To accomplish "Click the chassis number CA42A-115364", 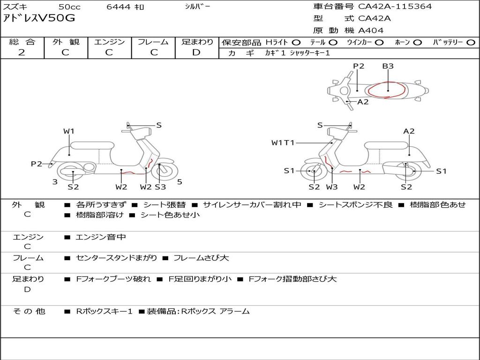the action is click(395, 7).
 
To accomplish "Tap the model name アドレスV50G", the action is click(39, 18).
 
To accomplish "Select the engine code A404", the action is click(371, 30).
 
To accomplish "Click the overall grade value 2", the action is click(22, 52).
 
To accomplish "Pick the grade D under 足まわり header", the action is click(196, 52).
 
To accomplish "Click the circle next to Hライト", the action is click(296, 43).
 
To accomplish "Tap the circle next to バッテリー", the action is click(471, 43).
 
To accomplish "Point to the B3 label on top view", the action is click(388, 66).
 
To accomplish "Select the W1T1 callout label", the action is click(283, 142).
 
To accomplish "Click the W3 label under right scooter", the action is click(332, 187).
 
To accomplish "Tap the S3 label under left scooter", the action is click(160, 187).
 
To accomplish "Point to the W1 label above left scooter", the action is click(69, 131).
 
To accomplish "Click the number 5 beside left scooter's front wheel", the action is click(180, 182).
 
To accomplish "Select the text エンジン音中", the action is click(101, 237).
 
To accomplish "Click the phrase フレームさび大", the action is click(201, 258).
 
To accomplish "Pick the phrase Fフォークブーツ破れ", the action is click(113, 279).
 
